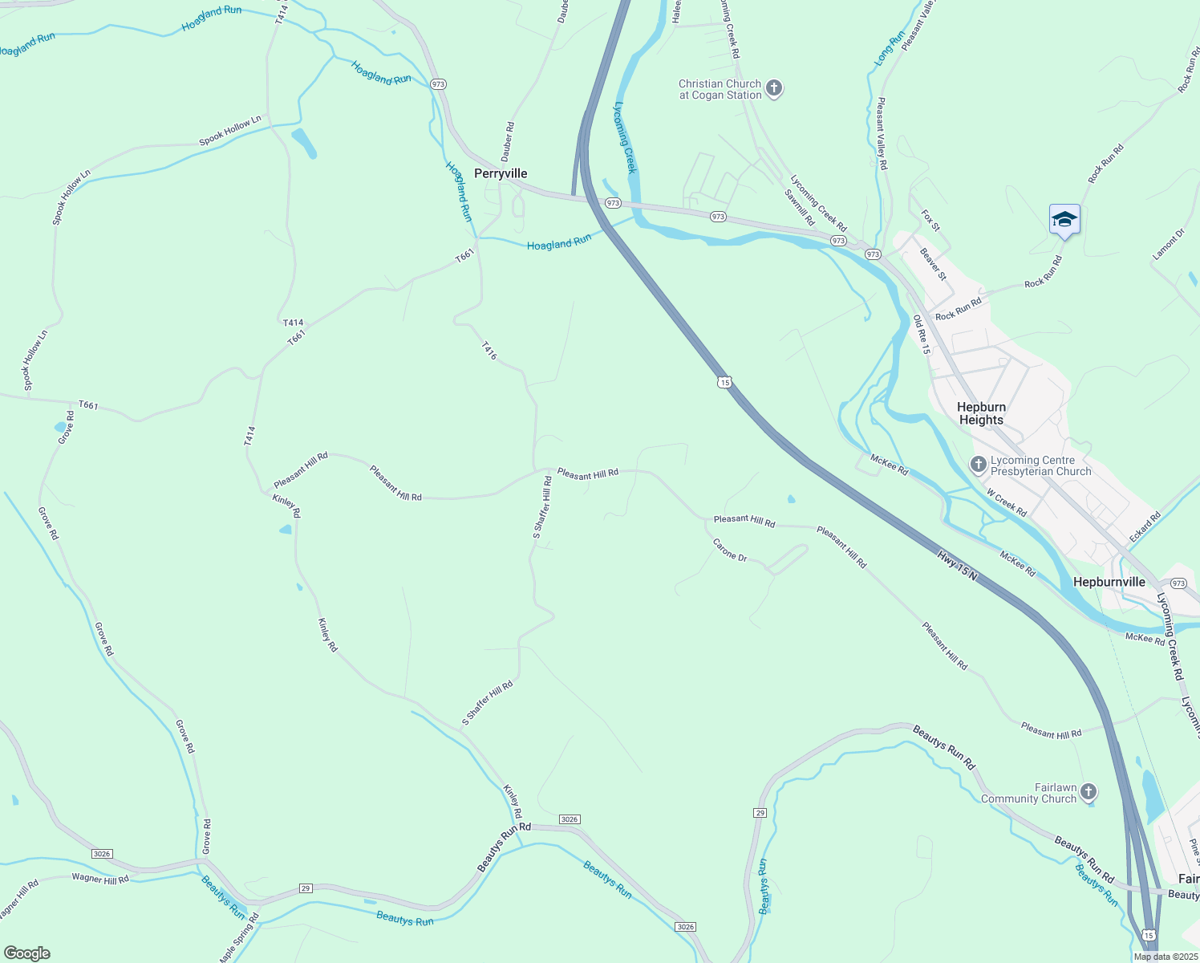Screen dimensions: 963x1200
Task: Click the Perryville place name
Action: [501, 173]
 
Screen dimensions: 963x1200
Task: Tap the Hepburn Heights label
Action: [981, 413]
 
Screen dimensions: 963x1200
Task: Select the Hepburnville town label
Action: [1109, 582]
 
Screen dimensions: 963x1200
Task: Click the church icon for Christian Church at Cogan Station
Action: [774, 88]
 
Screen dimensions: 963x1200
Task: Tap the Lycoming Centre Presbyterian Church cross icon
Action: [978, 465]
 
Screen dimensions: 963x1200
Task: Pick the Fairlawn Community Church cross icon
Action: [1088, 793]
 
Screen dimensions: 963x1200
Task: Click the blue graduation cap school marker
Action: [1064, 220]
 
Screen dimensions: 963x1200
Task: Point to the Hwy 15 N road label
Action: [957, 565]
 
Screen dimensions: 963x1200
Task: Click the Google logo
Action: [26, 953]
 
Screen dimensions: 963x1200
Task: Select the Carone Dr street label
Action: [730, 550]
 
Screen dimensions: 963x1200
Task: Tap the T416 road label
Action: [489, 351]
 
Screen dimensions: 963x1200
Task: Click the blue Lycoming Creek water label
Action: [625, 137]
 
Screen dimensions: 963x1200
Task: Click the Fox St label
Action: [930, 220]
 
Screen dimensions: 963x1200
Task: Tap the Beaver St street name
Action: [933, 264]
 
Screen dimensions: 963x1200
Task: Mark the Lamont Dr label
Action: [1168, 245]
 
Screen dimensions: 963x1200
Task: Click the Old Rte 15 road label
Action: [921, 335]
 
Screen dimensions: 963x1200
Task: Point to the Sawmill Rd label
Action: [800, 208]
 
